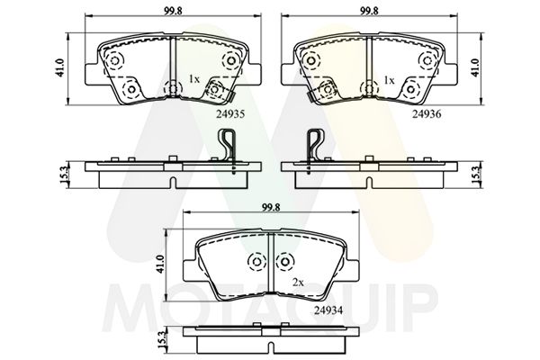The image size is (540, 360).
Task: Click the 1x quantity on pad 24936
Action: [x=389, y=80]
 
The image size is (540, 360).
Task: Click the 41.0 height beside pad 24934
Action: [x=162, y=263]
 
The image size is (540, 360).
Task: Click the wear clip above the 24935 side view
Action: [x=229, y=145]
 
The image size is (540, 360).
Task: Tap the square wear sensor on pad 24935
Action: [x=215, y=89]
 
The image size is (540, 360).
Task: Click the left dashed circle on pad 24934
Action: [x=255, y=261]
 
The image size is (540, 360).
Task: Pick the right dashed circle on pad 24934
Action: [x=286, y=261]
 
